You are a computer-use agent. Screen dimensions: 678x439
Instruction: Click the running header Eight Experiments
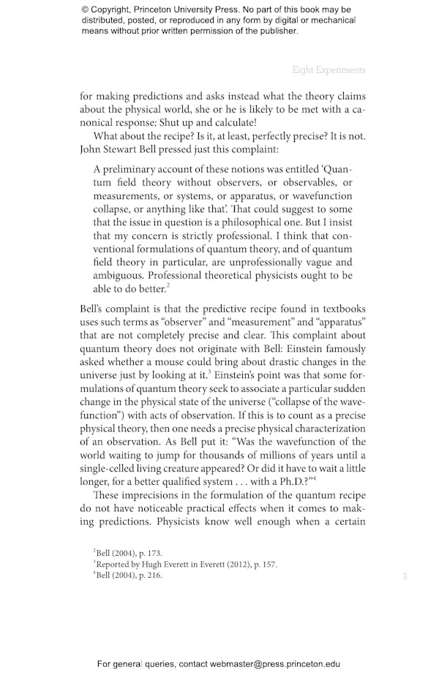coord(329,70)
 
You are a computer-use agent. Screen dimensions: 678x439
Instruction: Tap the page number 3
coord(405,577)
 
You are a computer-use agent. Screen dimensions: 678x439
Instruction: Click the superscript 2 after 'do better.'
coord(168,286)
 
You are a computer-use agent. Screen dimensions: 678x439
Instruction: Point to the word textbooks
coord(342,309)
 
